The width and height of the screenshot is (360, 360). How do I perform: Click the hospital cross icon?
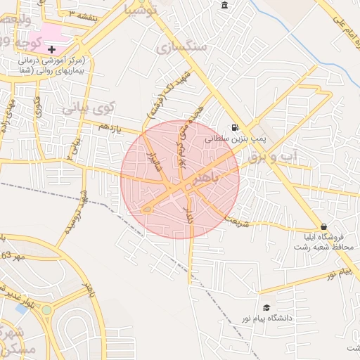51,49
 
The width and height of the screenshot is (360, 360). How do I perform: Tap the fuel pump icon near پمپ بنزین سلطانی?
233,128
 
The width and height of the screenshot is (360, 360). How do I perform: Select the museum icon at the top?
224,6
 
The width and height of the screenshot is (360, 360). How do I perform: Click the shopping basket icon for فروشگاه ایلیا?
323,226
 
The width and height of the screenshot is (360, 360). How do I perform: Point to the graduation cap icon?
266,307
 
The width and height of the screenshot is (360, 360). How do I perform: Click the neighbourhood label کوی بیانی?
88,109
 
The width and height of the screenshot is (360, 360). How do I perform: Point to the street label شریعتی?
236,220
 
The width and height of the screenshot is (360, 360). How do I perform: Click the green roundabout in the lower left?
46,310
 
